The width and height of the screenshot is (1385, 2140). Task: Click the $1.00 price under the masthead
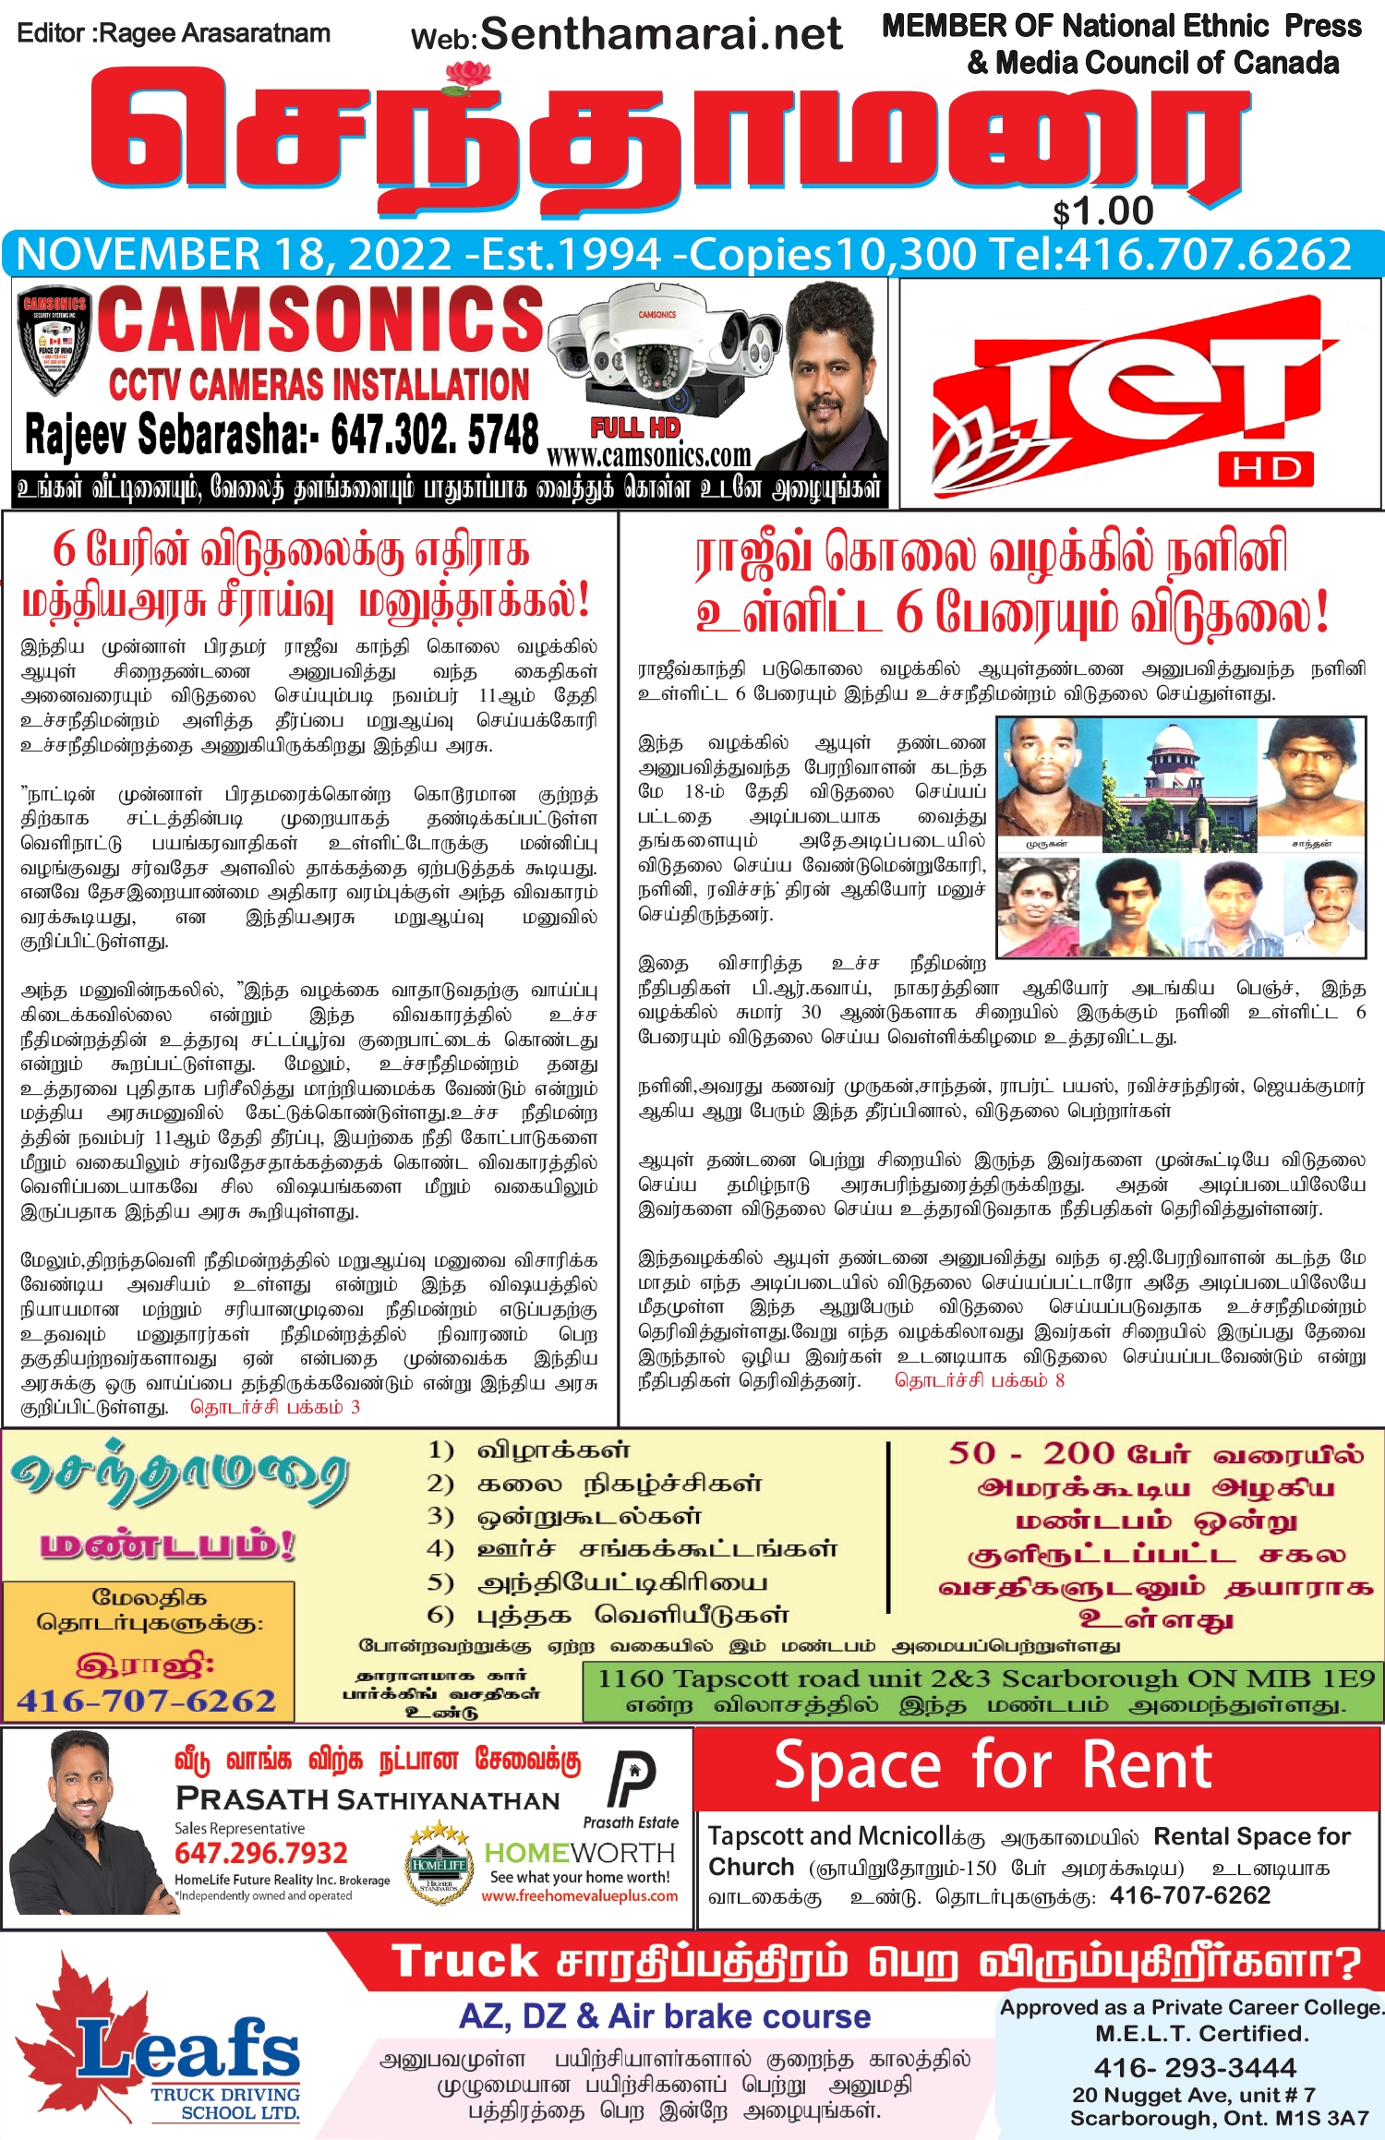coord(1103,212)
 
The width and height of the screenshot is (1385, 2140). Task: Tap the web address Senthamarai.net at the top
coord(661,35)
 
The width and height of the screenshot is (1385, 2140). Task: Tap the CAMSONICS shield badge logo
coord(54,343)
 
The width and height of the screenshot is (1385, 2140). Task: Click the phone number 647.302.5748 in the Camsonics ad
coord(434,434)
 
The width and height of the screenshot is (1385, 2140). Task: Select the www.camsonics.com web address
coord(648,456)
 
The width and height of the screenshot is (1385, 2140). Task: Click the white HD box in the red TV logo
coord(1265,469)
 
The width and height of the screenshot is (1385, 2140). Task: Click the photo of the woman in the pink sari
coord(1039,908)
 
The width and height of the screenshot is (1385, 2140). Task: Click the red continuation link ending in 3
coord(274,1407)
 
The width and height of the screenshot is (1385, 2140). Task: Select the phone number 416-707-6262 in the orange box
coord(147,1701)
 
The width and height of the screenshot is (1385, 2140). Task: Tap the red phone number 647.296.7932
coord(261,1853)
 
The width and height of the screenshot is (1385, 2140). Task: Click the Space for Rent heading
coord(993,1765)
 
